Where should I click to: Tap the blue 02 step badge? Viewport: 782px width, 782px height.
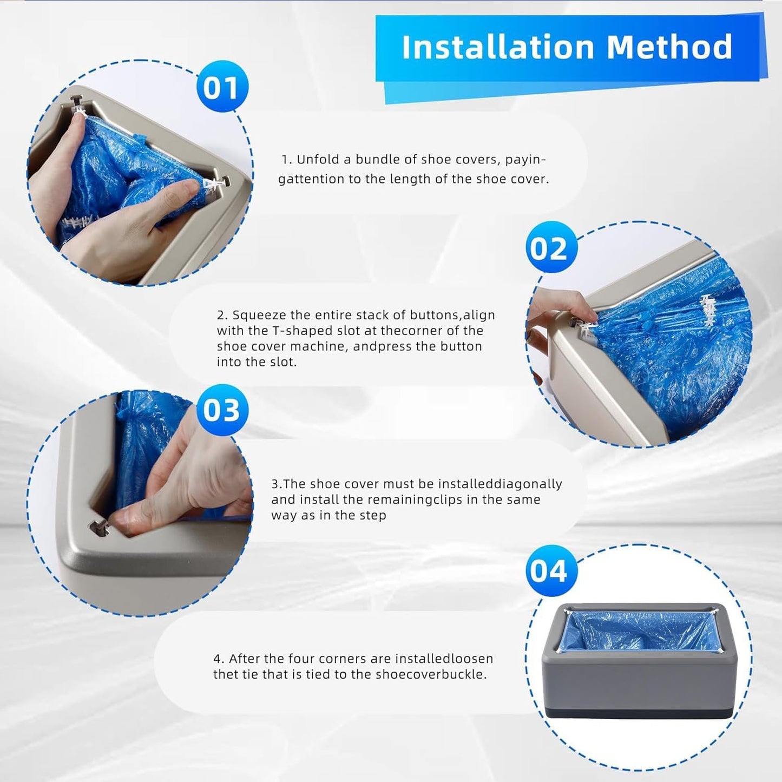(551, 248)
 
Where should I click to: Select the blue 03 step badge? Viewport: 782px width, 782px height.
(222, 410)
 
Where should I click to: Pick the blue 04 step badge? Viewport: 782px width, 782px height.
(551, 570)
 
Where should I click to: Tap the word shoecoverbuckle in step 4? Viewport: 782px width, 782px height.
(431, 674)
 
